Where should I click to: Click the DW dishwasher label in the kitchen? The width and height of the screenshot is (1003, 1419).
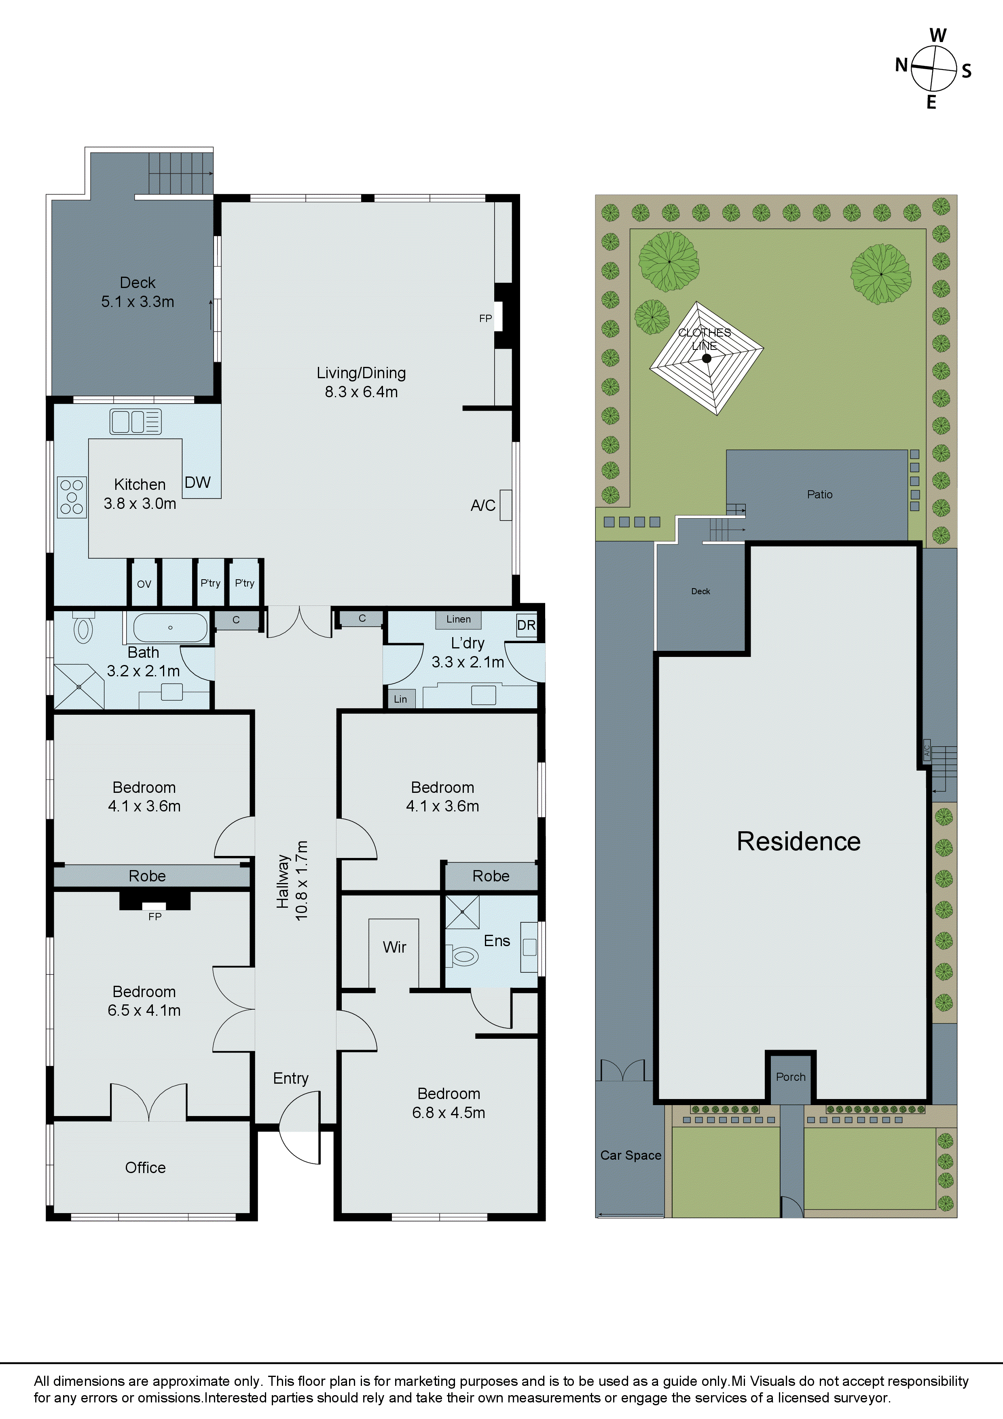(198, 483)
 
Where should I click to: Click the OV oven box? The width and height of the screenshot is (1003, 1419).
(144, 583)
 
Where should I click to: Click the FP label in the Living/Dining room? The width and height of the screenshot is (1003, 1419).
(486, 318)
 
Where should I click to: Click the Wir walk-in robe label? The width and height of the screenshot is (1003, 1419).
(394, 947)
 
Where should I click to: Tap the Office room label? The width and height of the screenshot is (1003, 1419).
(145, 1167)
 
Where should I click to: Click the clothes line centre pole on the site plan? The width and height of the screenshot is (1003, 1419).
(707, 358)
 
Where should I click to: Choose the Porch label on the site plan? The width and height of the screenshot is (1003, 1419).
(790, 1077)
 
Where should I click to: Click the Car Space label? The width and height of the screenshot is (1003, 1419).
(631, 1155)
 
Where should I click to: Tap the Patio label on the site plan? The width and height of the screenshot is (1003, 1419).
(819, 494)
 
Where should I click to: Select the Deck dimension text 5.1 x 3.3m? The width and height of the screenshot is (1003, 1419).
(138, 302)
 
